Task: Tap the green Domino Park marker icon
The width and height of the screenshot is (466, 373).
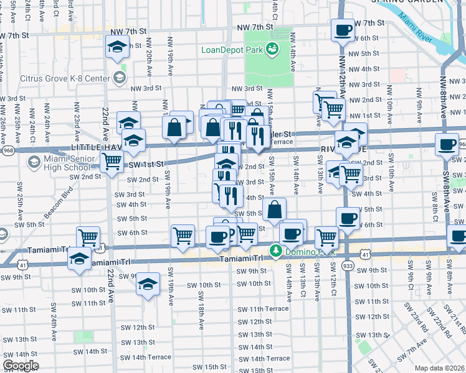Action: click(275, 251)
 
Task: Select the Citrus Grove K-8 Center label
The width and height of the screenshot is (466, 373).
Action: click(65, 78)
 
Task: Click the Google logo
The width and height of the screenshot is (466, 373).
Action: click(21, 366)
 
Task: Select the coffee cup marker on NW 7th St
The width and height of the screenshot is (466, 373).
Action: click(344, 30)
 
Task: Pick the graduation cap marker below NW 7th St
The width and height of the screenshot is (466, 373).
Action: click(117, 47)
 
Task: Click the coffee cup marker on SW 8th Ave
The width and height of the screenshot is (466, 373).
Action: click(447, 145)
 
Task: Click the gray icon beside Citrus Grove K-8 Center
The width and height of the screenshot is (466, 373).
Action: click(119, 78)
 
